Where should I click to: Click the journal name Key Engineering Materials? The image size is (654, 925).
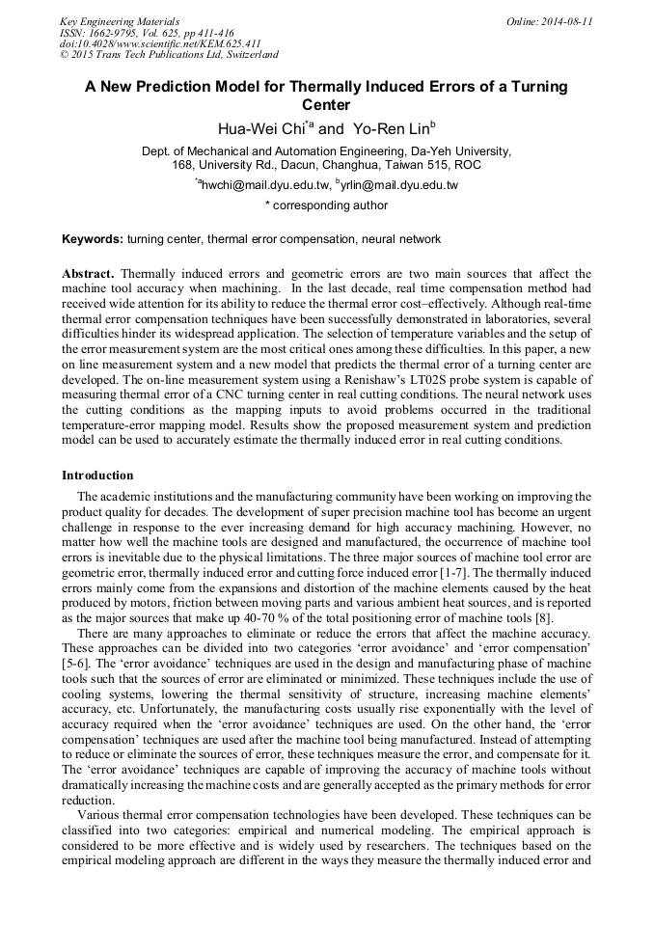click(x=120, y=20)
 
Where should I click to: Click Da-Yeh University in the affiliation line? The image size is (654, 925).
click(x=464, y=151)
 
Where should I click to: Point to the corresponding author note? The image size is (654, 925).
click(x=326, y=204)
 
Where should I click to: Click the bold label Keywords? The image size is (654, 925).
click(x=93, y=238)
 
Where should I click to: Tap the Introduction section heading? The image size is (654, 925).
click(x=97, y=476)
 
